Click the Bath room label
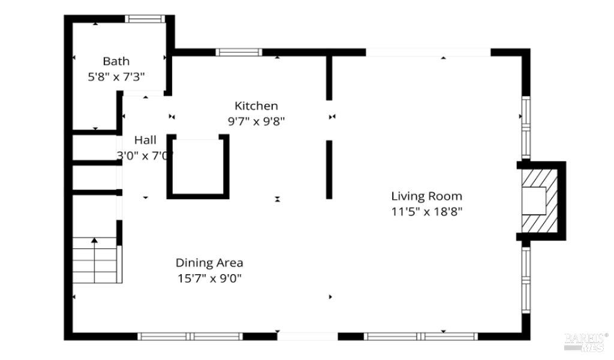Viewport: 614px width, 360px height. [116, 61]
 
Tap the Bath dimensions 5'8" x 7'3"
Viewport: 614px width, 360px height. [116, 77]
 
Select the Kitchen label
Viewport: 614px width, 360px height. [256, 106]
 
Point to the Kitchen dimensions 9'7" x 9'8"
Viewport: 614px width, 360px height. [256, 121]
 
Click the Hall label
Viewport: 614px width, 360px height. [145, 140]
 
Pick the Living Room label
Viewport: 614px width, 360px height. [426, 196]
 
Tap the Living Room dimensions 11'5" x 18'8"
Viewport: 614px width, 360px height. [426, 211]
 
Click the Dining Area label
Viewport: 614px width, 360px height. [209, 263]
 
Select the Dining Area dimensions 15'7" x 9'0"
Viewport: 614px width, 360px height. [209, 278]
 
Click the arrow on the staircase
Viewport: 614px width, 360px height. [94, 241]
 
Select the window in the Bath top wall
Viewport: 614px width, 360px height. [145, 19]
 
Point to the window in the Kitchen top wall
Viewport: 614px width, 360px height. [239, 52]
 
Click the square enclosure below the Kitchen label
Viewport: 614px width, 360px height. [198, 167]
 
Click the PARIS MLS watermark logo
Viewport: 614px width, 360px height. [586, 341]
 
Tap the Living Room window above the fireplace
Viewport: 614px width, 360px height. [525, 127]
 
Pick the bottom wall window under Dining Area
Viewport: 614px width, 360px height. [190, 336]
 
